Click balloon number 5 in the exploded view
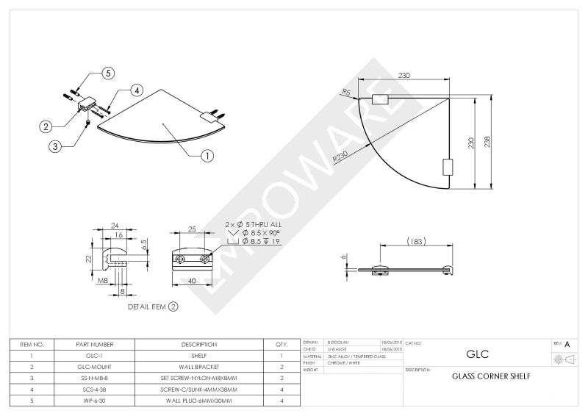(108, 73)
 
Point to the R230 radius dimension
(340, 157)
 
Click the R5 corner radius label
(345, 92)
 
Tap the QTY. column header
(281, 344)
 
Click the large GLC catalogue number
(478, 354)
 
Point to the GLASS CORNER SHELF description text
(490, 376)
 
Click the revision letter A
(567, 344)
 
